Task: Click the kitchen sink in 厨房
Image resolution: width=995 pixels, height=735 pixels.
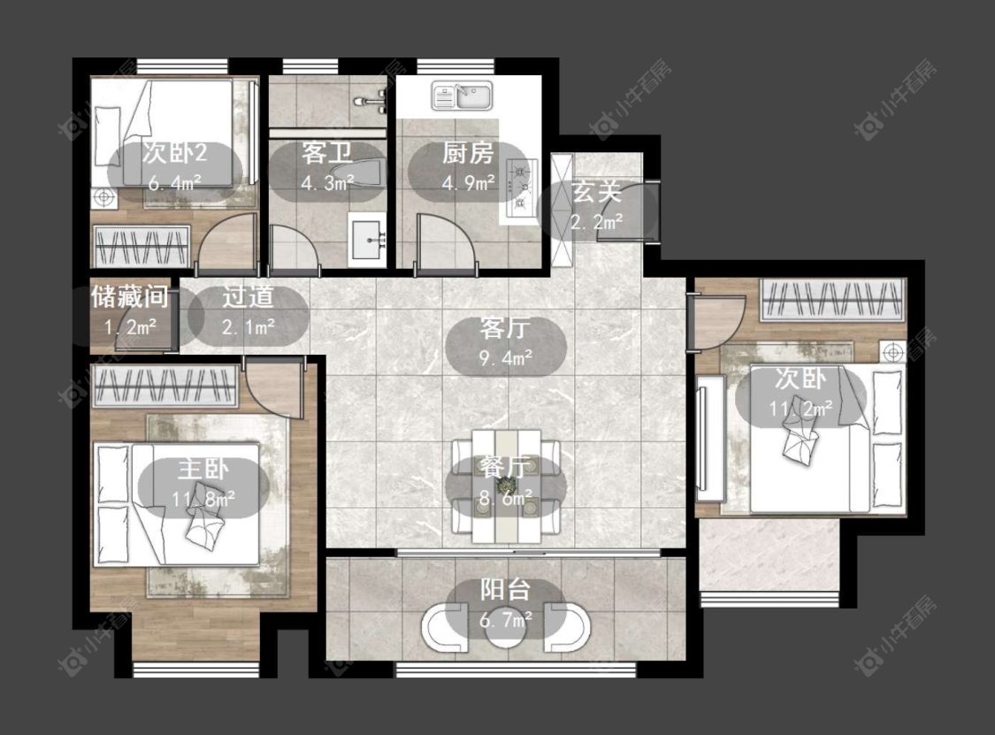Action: pos(462,96)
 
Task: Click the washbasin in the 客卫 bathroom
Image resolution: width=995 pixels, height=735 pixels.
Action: pos(367,240)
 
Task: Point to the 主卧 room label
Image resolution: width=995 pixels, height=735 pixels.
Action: pos(203,470)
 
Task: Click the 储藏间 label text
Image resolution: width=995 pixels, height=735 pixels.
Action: pos(130,296)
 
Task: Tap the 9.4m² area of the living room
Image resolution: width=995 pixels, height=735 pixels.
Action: pos(505,359)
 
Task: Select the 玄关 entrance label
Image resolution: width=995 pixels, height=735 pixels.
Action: pos(596,192)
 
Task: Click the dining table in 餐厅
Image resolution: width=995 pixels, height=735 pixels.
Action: pos(506,486)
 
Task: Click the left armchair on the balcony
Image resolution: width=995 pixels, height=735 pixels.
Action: pos(445,628)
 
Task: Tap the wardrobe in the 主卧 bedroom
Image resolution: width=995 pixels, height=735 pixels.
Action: pos(165,387)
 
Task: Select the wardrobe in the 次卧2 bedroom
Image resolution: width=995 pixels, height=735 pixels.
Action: pos(142,247)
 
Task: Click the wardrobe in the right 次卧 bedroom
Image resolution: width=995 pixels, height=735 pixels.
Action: pos(832,300)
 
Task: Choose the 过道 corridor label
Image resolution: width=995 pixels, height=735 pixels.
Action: pos(248,297)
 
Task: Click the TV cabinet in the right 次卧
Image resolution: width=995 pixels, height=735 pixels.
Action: pos(711,438)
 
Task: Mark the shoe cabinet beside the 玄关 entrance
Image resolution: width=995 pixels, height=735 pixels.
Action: pos(563,211)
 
